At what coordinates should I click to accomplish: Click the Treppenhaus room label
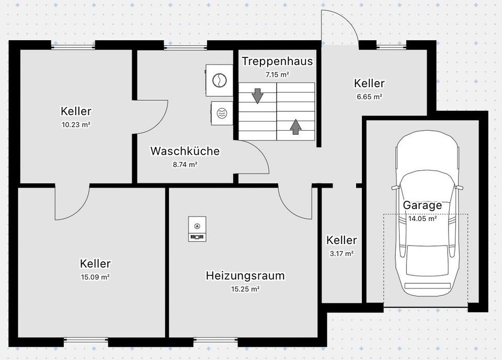(277, 61)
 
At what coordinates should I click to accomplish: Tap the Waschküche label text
(185, 151)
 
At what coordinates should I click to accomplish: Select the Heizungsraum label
(245, 275)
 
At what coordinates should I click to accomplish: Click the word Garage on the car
(422, 205)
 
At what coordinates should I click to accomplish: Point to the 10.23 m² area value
(76, 125)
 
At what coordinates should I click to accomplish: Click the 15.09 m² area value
(95, 277)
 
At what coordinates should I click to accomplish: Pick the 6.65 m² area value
(369, 97)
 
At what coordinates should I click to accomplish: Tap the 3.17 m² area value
(341, 254)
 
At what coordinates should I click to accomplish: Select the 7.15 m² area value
(277, 75)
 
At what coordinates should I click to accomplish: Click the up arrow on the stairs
(295, 126)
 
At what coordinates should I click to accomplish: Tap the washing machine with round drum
(219, 80)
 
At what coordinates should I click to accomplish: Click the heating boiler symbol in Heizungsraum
(197, 229)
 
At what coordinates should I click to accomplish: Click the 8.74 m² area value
(185, 165)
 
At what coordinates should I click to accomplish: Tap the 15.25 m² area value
(245, 289)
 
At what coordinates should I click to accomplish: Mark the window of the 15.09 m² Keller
(86, 342)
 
